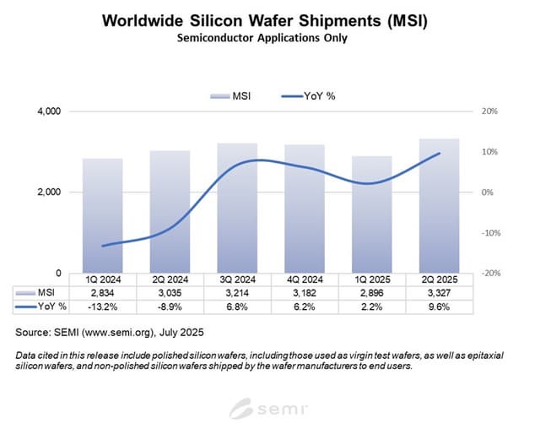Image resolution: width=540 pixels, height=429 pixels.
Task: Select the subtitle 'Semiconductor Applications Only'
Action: point(269,38)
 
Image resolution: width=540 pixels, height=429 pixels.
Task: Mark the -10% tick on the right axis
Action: point(490,233)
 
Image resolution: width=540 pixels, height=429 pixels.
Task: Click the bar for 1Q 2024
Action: point(103,215)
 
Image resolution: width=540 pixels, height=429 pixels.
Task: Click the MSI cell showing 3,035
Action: point(170,292)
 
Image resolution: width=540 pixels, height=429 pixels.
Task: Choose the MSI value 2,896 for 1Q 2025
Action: point(371,292)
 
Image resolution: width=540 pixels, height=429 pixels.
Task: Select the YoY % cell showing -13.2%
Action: point(103,305)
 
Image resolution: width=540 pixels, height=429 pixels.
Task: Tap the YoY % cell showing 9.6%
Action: point(439,305)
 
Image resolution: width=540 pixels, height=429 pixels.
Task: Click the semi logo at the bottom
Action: point(270,410)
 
